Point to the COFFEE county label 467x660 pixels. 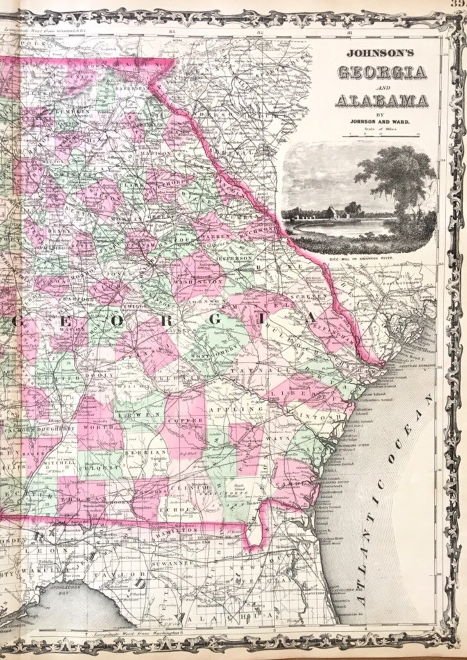[x=189, y=420]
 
